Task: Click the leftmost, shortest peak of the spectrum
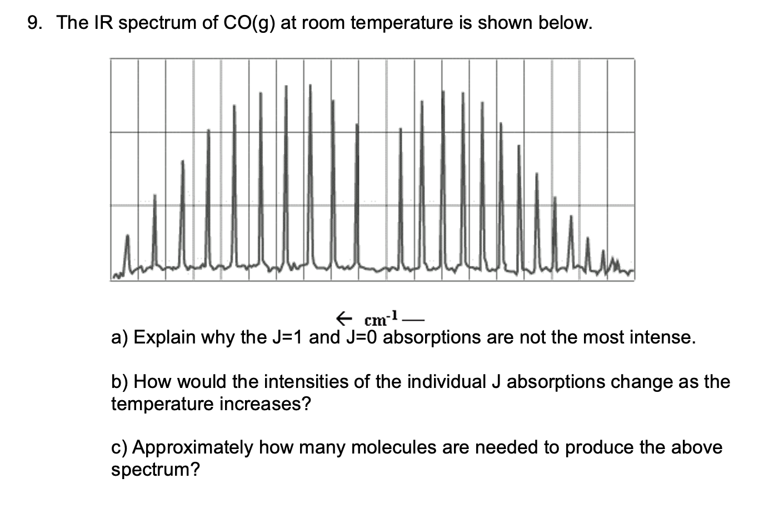(128, 250)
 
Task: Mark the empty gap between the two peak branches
(379, 222)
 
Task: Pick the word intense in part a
(661, 337)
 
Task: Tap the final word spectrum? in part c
(155, 470)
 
